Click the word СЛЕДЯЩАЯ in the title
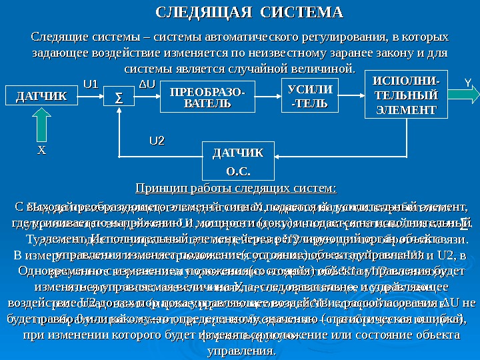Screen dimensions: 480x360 (x=197, y=13)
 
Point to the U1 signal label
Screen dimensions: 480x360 (x=90, y=84)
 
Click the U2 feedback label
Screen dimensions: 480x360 (x=157, y=141)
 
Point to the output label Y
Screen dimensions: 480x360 (x=467, y=83)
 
